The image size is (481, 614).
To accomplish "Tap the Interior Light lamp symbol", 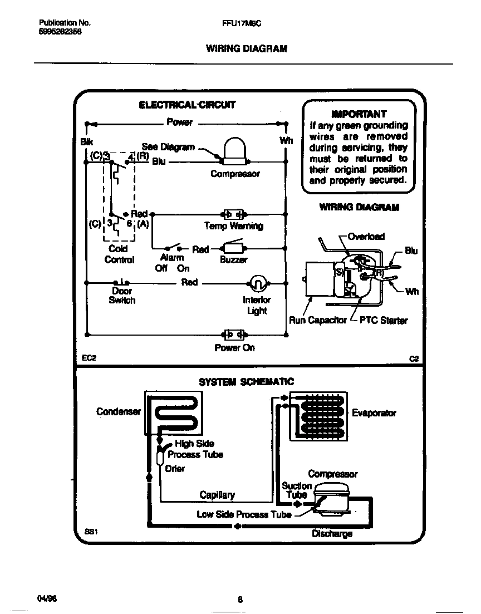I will click(x=257, y=283).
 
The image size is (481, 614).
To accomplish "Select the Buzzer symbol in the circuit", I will click(x=233, y=248).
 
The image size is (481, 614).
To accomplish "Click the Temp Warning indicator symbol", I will click(x=233, y=214).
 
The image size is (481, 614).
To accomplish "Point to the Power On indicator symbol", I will click(x=233, y=335).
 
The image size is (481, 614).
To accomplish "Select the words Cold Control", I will click(x=119, y=254).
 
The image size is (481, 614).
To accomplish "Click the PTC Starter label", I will click(x=384, y=321).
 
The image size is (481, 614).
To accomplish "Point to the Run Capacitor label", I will click(x=317, y=321).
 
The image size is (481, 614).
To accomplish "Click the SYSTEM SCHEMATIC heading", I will click(x=247, y=382).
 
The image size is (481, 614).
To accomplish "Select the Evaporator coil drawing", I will click(x=317, y=415).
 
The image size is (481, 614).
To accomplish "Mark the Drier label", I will click(x=175, y=469).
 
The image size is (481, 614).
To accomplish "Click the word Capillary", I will click(x=217, y=495).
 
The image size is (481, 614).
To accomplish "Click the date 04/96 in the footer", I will click(x=47, y=598).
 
